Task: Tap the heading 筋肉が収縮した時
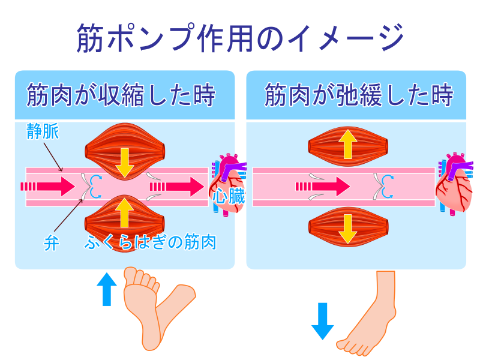tap(121, 95)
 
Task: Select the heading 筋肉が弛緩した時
tap(358, 95)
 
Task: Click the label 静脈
tap(43, 132)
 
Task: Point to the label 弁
tap(51, 244)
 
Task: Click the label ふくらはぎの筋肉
tap(150, 244)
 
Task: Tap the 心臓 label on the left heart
tap(228, 196)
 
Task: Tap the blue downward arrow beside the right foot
tap(322, 321)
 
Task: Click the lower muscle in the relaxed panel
tap(347, 226)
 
